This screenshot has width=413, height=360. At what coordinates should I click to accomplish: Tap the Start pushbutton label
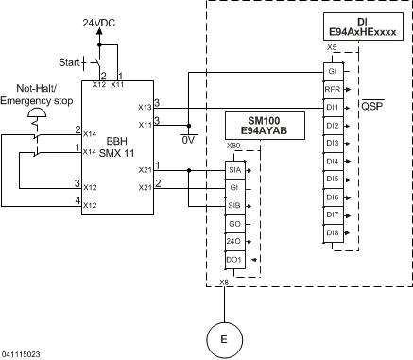tap(70, 62)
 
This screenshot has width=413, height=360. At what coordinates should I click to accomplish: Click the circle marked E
tap(224, 338)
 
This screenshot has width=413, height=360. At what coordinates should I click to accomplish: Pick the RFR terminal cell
tap(332, 90)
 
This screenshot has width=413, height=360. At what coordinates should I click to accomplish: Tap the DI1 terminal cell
tap(332, 107)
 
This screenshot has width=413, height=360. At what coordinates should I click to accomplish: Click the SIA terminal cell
tap(233, 169)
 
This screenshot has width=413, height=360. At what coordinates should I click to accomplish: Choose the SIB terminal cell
tap(233, 204)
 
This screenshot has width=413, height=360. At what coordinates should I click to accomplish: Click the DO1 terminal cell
tap(233, 258)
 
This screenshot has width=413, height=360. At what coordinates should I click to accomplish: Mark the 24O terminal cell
tap(233, 240)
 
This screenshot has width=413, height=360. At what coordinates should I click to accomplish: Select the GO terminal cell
tap(233, 222)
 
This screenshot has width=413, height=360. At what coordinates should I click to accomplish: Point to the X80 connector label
tap(233, 146)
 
